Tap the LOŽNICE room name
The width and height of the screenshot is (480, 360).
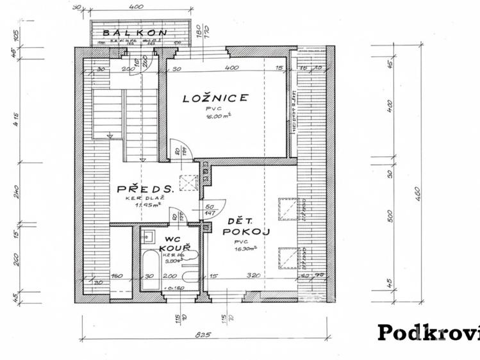click(215, 98)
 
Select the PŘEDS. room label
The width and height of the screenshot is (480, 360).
click(144, 190)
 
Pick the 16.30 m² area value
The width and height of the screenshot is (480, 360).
click(245, 250)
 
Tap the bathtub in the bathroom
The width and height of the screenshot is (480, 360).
click(151, 269)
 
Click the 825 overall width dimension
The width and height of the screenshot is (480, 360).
click(204, 334)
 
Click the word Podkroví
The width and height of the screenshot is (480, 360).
click(428, 332)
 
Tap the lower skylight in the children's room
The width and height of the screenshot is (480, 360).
click(287, 258)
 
